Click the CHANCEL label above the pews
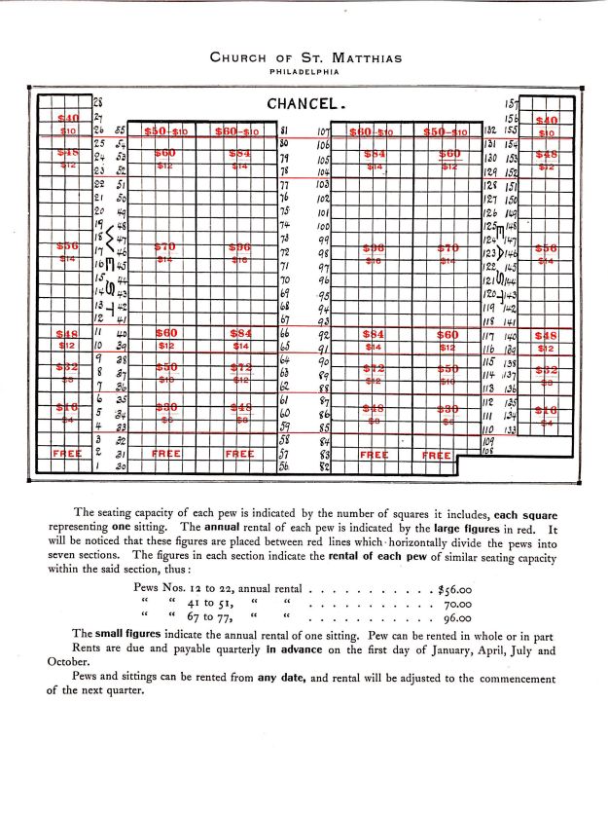pyautogui.click(x=307, y=103)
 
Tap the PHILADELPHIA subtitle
pyautogui.click(x=305, y=71)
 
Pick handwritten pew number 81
pyautogui.click(x=284, y=130)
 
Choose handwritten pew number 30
pyautogui.click(x=121, y=467)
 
